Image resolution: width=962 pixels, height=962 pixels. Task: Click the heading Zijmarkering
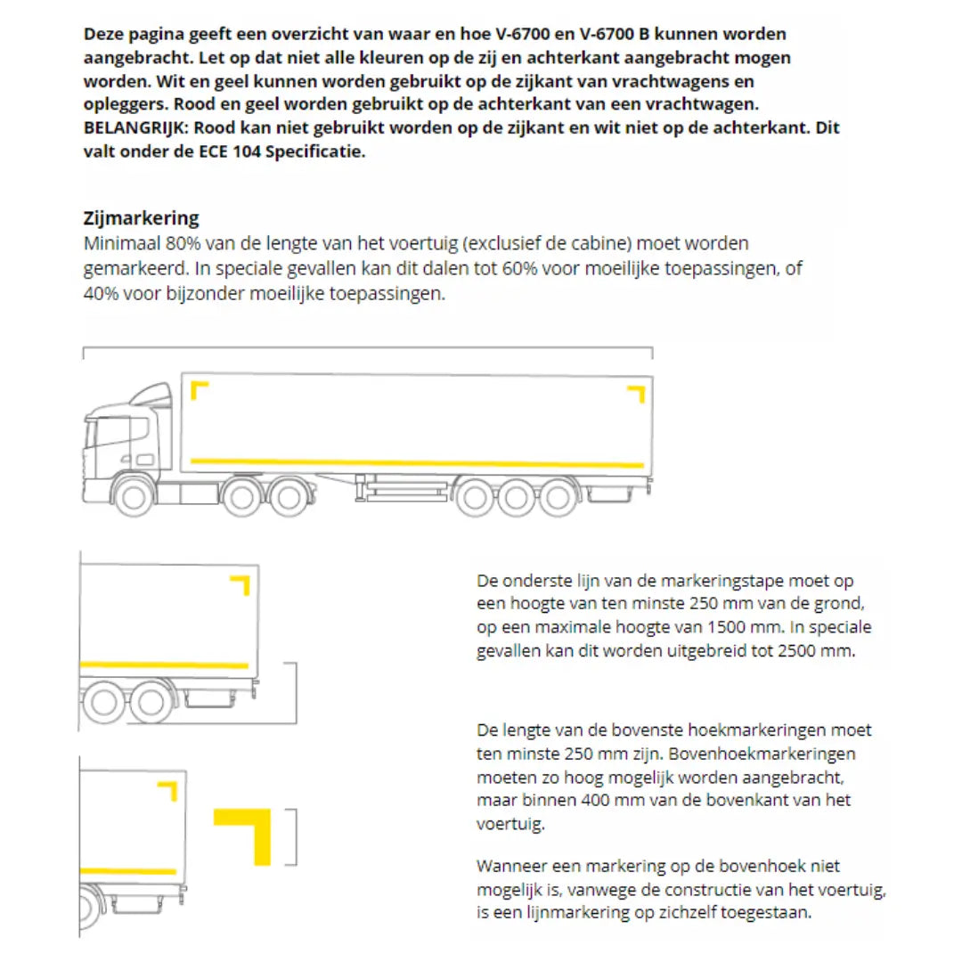(x=141, y=218)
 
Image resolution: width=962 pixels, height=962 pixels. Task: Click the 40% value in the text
(x=101, y=293)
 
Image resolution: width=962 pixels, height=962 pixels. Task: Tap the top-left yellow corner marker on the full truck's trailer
(x=200, y=390)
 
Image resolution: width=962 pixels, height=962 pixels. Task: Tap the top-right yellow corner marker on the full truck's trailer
(x=636, y=394)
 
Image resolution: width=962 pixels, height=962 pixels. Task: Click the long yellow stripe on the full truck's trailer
(x=417, y=462)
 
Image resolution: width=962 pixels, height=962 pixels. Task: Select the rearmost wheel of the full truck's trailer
(x=558, y=497)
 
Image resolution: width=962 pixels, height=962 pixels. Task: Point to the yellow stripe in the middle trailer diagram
(x=164, y=664)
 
